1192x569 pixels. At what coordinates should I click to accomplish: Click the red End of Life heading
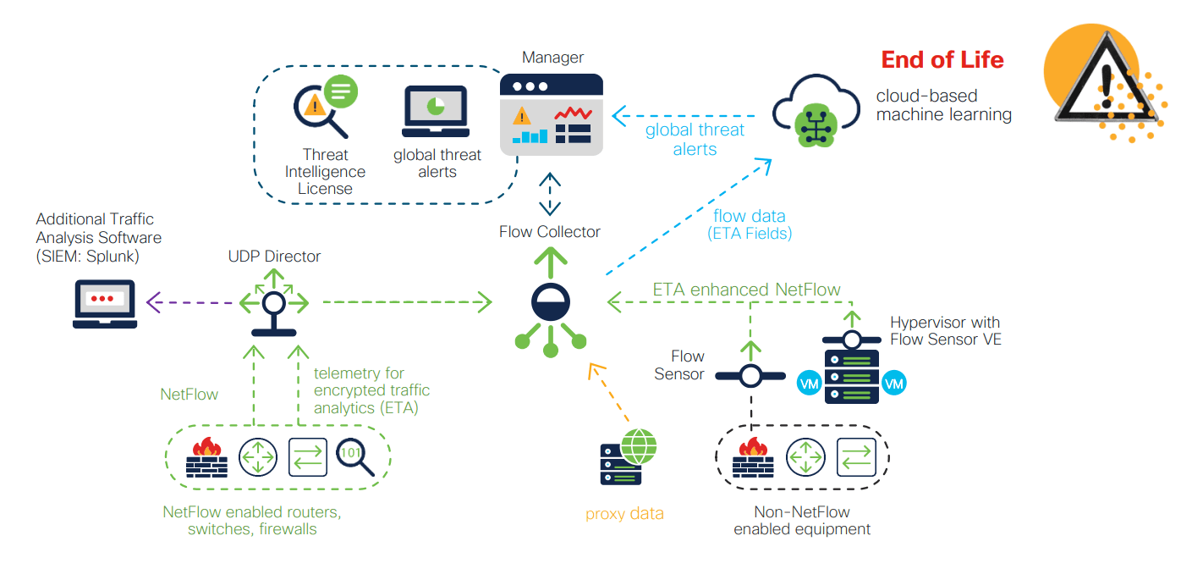942,60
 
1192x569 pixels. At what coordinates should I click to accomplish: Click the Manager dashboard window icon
551,114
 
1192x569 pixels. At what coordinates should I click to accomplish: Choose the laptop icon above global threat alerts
436,112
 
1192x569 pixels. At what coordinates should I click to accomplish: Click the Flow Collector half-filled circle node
551,301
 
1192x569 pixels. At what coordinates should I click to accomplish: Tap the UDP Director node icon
274,303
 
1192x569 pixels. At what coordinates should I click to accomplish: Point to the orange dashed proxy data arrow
609,393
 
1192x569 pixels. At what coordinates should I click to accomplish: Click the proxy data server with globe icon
627,458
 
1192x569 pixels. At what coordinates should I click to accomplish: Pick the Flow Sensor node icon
750,375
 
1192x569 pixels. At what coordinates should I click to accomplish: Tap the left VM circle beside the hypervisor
809,384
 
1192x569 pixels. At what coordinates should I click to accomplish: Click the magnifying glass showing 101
354,457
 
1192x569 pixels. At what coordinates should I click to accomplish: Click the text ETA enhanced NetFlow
746,290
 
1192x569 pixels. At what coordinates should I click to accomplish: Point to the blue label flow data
749,216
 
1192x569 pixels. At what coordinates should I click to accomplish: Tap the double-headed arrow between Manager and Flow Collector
551,194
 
